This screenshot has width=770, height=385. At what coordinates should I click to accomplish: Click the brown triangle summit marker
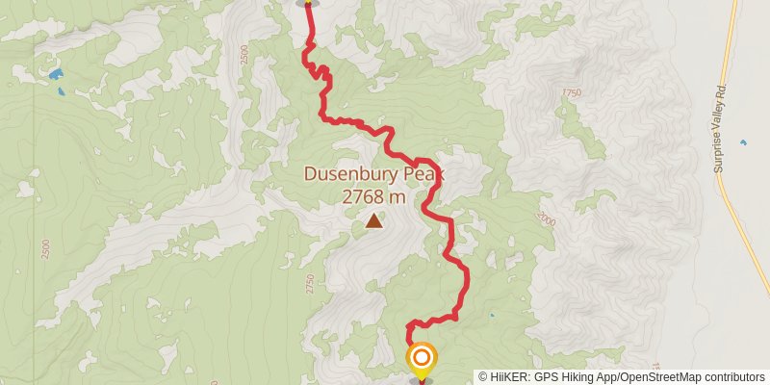click(373, 222)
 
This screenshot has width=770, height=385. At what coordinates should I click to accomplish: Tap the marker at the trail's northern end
click(308, 3)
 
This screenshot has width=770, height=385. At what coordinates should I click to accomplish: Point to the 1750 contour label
click(573, 93)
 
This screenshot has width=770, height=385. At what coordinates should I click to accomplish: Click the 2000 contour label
click(547, 221)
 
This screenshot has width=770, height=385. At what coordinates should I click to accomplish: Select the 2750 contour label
click(310, 283)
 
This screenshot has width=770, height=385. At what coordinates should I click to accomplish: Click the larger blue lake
click(56, 73)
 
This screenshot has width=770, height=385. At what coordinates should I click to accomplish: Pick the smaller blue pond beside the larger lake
click(62, 92)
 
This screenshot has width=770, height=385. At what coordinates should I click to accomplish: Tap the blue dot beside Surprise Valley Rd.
click(742, 142)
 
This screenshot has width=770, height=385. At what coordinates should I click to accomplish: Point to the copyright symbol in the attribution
click(483, 377)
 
